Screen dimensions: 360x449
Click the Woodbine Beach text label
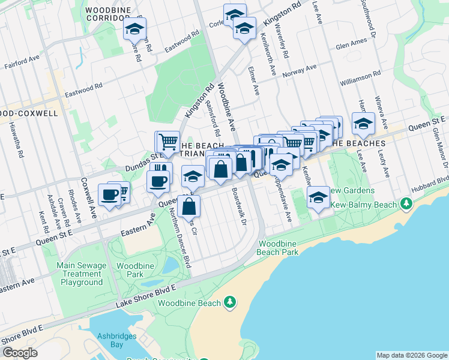coord(190,303)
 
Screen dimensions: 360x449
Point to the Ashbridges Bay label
coord(117,340)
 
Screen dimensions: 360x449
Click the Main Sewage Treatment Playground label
coord(82,274)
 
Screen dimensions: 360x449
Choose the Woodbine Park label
coord(130,270)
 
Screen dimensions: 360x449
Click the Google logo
coord(20,353)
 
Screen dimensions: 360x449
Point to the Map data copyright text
coord(412,355)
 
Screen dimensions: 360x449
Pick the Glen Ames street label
coord(351,45)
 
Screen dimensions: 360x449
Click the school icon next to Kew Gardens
coord(318,197)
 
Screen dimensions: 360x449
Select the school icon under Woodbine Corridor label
coord(135,28)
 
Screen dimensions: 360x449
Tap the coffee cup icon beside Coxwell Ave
coord(110,194)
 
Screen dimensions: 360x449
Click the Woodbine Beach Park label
coord(279,248)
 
